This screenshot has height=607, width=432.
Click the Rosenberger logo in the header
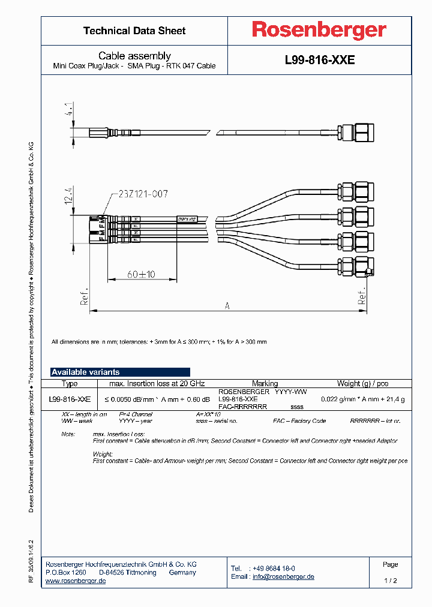pyautogui.click(x=319, y=30)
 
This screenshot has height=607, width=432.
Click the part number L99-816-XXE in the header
pyautogui.click(x=319, y=61)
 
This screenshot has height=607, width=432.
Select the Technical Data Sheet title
pyautogui.click(x=134, y=31)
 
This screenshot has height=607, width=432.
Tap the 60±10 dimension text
pyautogui.click(x=141, y=274)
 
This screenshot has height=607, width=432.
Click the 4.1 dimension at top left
pyautogui.click(x=70, y=110)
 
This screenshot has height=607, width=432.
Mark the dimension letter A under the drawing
pyautogui.click(x=227, y=306)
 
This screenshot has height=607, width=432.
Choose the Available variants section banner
pyautogui.click(x=120, y=372)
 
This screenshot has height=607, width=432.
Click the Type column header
pyautogui.click(x=70, y=383)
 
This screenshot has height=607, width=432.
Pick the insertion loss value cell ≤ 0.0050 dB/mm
pyautogui.click(x=158, y=399)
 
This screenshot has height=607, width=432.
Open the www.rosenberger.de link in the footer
pyautogui.click(x=76, y=581)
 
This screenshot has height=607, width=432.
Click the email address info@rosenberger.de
pyautogui.click(x=283, y=576)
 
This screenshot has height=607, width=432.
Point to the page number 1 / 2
pyautogui.click(x=390, y=581)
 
